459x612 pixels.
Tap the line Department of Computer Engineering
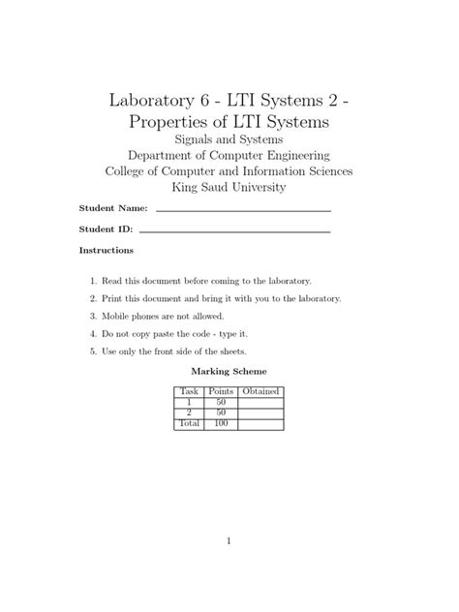click(229, 155)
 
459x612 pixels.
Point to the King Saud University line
click(229, 187)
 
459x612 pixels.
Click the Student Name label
click(112, 208)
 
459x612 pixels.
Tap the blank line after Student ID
click(234, 231)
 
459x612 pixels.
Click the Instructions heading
click(106, 251)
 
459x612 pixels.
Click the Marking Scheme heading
click(229, 371)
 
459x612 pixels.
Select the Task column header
click(189, 391)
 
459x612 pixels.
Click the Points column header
click(222, 391)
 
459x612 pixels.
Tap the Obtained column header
click(260, 391)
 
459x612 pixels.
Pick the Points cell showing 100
click(222, 423)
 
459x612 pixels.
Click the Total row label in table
click(189, 423)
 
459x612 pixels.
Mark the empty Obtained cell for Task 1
click(260, 402)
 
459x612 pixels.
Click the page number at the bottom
click(229, 541)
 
